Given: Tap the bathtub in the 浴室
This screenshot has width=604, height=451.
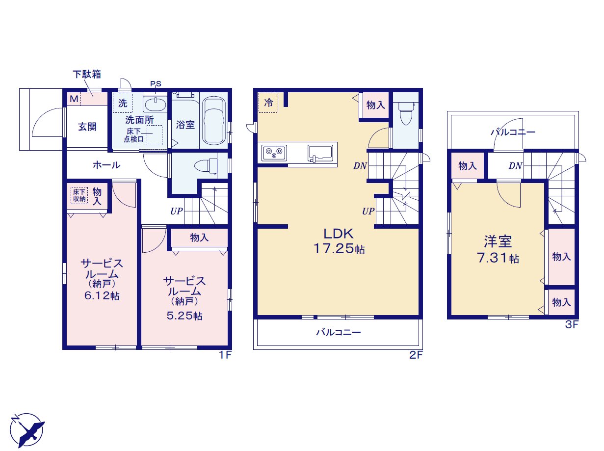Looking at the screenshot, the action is [x=214, y=121].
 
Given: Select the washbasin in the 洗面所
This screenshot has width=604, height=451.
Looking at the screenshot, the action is [x=155, y=105].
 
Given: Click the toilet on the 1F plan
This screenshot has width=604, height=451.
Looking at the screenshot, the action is [x=206, y=166].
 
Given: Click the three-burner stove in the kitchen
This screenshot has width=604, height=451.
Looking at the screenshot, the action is [x=274, y=153].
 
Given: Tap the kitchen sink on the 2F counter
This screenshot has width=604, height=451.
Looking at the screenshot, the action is [x=320, y=153].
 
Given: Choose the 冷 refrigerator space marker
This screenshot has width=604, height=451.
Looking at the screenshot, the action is [x=268, y=103].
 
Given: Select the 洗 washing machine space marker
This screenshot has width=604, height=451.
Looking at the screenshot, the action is [x=123, y=103].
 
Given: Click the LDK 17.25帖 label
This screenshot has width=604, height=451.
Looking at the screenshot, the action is [x=339, y=241].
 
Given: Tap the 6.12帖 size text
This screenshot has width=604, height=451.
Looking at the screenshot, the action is [x=102, y=295].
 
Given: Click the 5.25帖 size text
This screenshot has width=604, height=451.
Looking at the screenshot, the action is [x=184, y=316].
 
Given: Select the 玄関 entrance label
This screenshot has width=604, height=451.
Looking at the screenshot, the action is [x=87, y=127].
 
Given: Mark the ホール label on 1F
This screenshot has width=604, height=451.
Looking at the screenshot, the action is [x=106, y=165].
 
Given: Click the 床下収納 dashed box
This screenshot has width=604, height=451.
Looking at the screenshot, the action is [x=79, y=195].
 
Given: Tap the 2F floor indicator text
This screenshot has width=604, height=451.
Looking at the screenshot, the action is [x=416, y=355].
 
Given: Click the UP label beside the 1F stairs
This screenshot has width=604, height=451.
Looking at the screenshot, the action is [x=176, y=211].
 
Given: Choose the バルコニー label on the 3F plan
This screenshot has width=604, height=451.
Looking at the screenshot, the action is [x=513, y=133].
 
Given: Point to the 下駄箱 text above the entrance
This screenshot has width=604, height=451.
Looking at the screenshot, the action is [x=87, y=74].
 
